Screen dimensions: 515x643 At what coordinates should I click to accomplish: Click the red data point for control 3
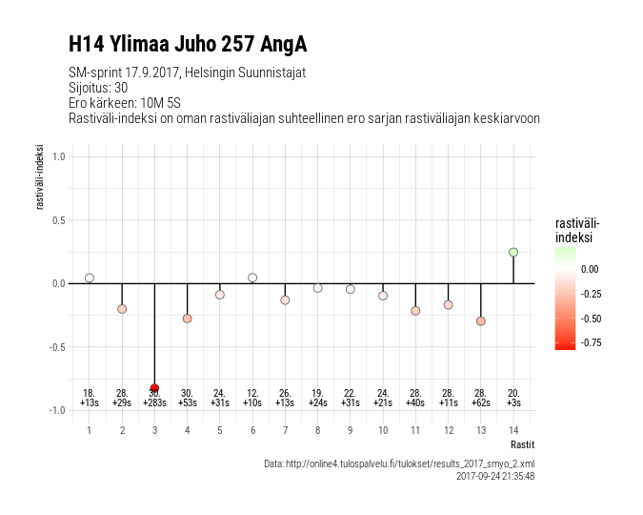154,388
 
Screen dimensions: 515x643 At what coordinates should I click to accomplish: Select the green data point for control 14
513,252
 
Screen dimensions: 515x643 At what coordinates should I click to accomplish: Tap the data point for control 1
90,278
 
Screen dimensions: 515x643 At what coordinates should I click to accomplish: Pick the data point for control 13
481,321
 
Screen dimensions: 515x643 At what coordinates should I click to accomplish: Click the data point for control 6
252,278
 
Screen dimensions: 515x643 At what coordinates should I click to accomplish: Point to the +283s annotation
154,403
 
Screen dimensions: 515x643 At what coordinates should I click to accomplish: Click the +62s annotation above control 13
481,403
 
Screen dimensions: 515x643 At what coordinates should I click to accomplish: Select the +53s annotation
187,403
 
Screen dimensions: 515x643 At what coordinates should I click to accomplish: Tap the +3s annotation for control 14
513,403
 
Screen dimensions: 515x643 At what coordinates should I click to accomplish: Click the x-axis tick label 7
285,430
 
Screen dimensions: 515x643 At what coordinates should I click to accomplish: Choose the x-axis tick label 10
383,430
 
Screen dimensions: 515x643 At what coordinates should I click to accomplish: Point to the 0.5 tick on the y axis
58,220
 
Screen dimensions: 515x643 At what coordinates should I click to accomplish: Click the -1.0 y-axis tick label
56,410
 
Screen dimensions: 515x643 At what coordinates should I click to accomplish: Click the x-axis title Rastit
522,444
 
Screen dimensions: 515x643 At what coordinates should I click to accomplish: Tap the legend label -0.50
590,319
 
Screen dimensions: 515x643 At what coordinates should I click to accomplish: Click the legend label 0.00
590,269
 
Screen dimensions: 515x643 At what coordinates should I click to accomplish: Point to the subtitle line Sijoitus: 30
98,88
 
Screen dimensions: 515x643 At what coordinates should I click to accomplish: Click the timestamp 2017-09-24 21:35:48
495,475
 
